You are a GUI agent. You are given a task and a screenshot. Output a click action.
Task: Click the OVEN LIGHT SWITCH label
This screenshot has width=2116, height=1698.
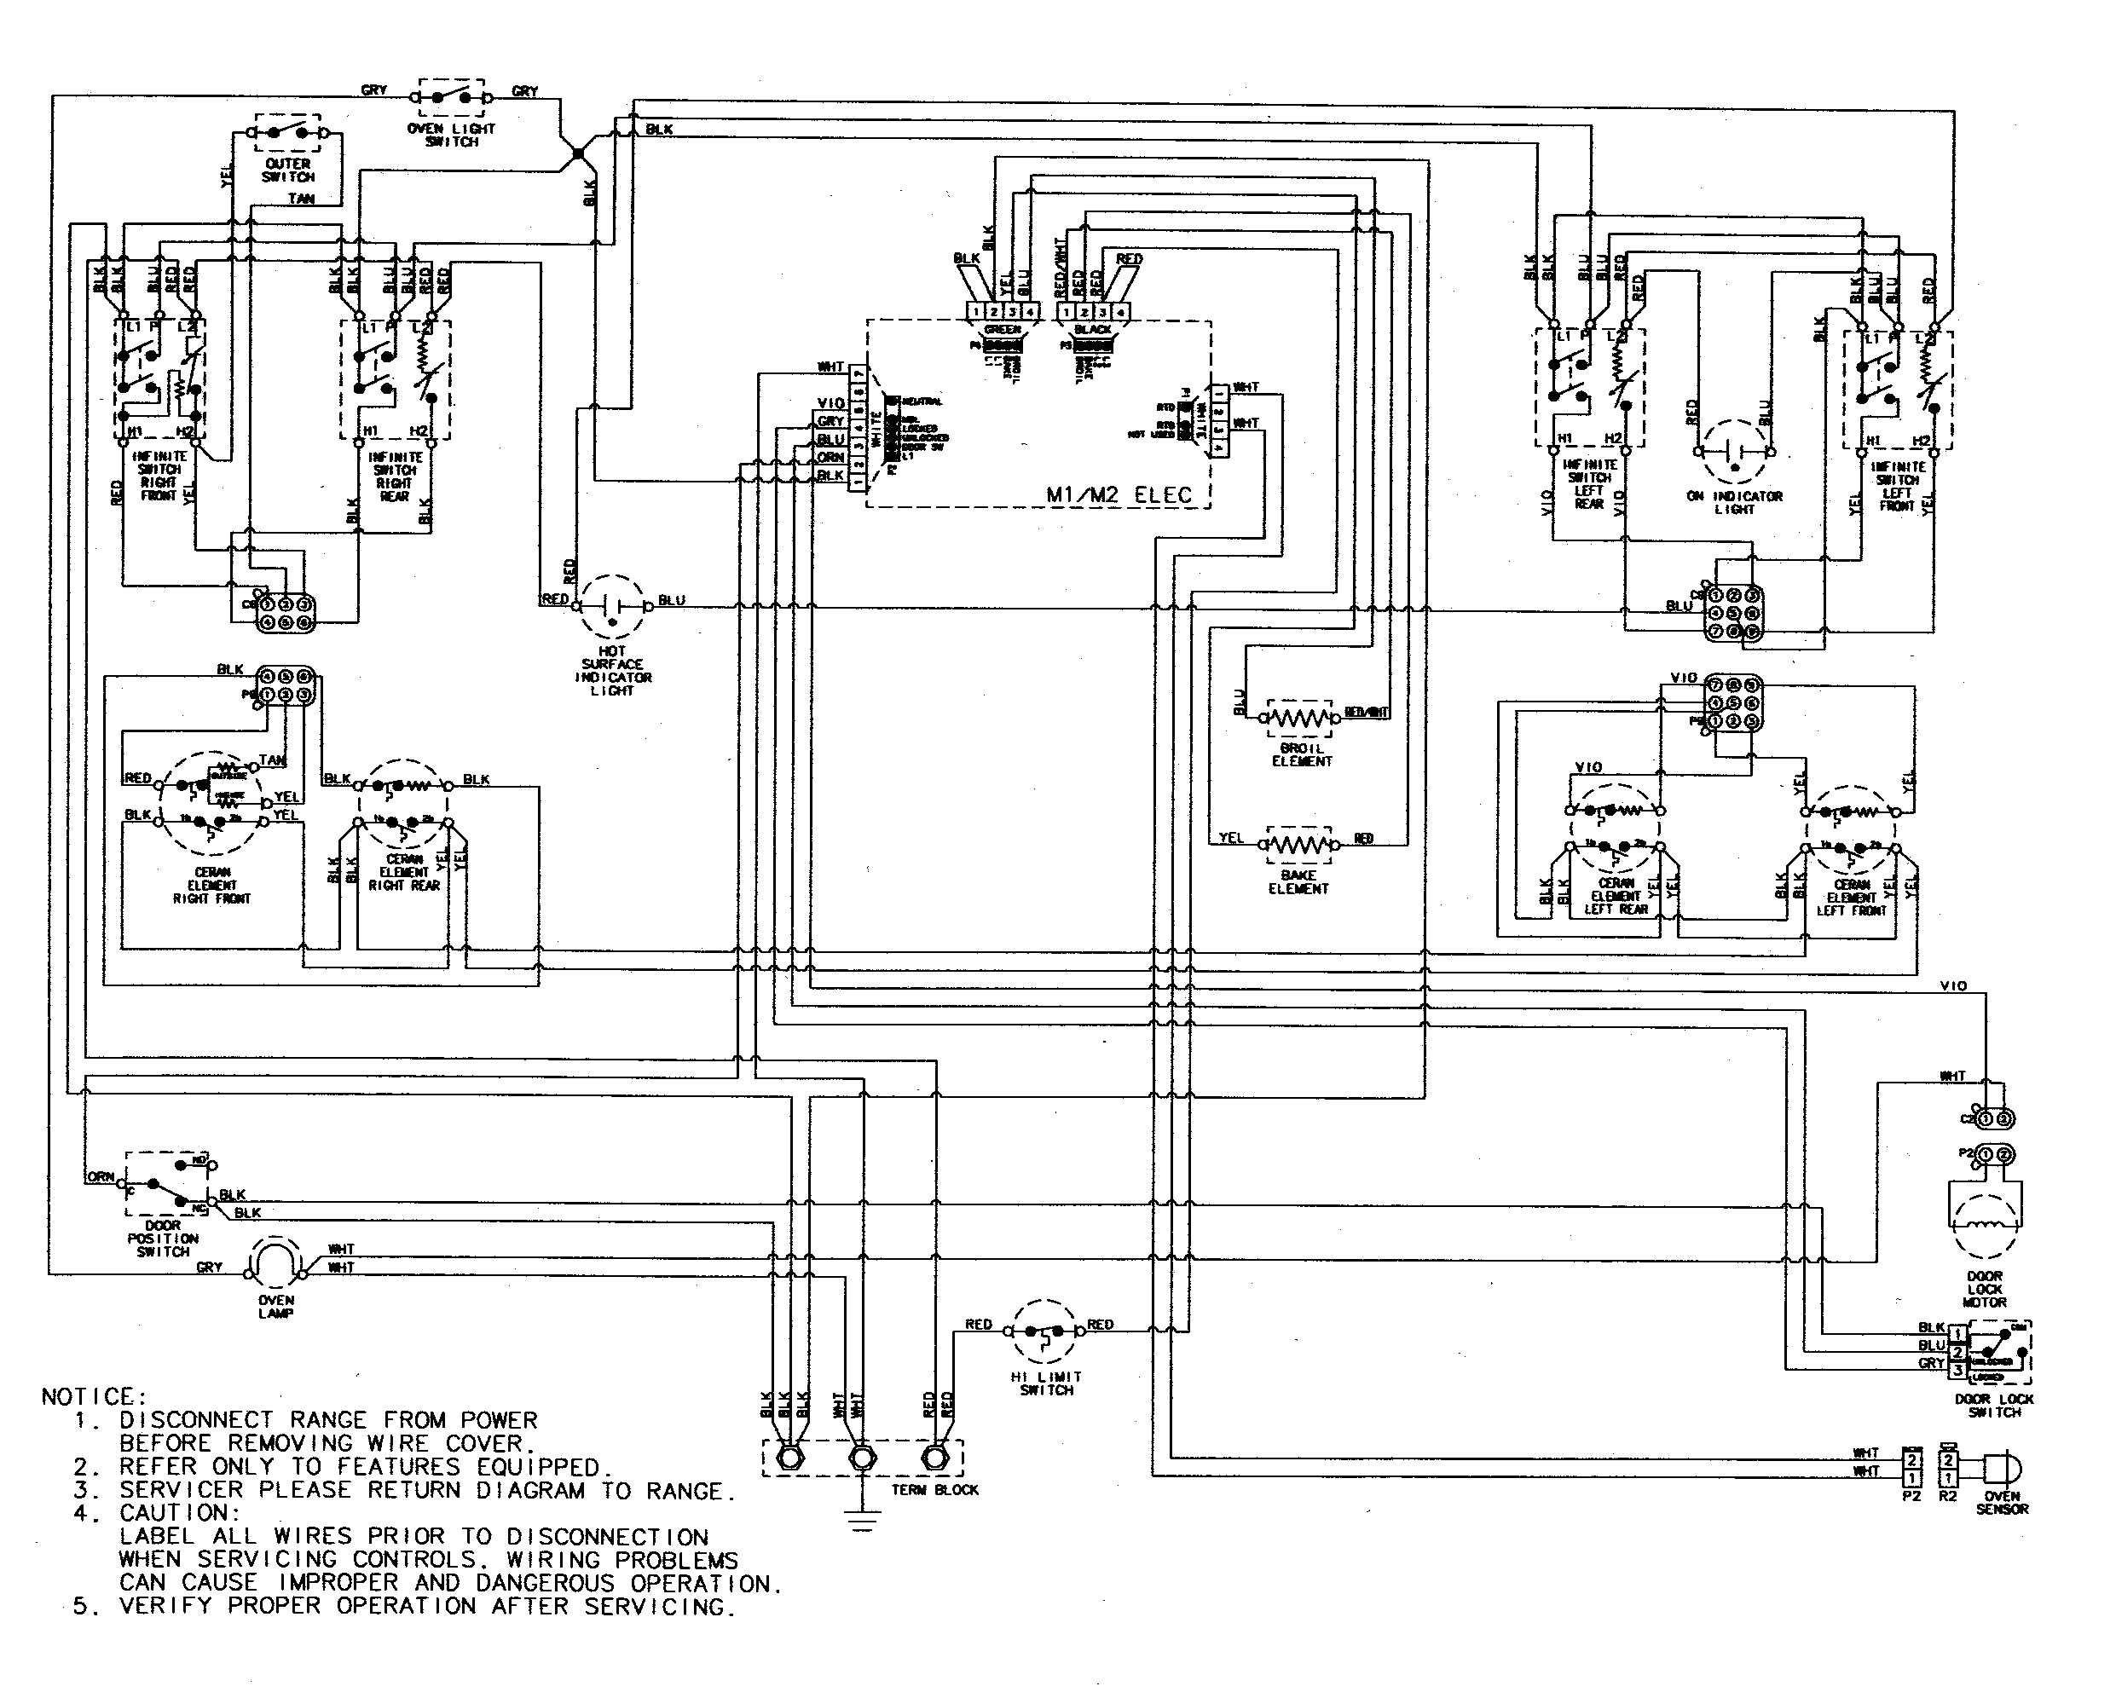(452, 136)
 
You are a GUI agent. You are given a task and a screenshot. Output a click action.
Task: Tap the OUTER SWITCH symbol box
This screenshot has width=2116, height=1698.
(288, 131)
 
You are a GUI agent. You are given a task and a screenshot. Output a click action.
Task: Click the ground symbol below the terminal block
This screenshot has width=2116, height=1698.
(862, 1523)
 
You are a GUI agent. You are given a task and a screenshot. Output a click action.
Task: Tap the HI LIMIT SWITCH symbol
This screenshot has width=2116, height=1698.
(1044, 1333)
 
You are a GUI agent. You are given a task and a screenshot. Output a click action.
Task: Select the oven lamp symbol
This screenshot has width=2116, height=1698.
(277, 1262)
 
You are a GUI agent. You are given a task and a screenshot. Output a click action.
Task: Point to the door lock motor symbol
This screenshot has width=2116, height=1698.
(1984, 1218)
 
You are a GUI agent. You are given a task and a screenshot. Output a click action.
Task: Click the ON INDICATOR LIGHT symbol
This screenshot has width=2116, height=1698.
(1733, 453)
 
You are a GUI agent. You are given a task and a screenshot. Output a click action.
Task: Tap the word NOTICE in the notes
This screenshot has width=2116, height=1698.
(93, 1395)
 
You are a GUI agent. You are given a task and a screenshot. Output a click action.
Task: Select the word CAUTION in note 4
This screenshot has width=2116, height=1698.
(180, 1512)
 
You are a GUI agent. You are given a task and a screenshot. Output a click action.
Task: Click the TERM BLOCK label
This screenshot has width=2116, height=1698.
(934, 1489)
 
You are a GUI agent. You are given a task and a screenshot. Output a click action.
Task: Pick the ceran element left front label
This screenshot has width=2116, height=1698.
(1851, 897)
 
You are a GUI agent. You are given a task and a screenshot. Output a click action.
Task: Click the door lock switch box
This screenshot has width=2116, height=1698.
(1994, 1352)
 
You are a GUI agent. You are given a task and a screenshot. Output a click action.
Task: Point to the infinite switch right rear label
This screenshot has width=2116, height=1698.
(395, 476)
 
